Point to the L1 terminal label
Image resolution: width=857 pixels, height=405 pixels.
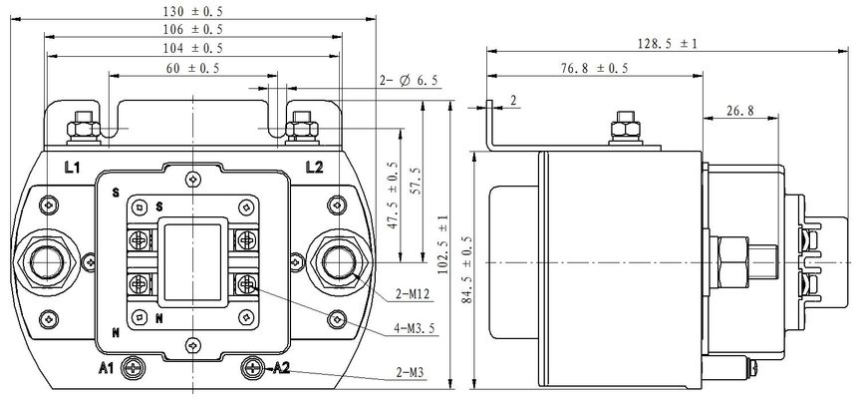[x=72, y=166]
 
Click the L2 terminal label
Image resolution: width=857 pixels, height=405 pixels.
[x=315, y=166]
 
